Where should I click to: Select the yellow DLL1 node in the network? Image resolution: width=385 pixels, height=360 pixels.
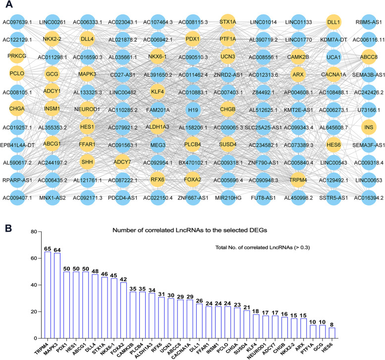point(333,22)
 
